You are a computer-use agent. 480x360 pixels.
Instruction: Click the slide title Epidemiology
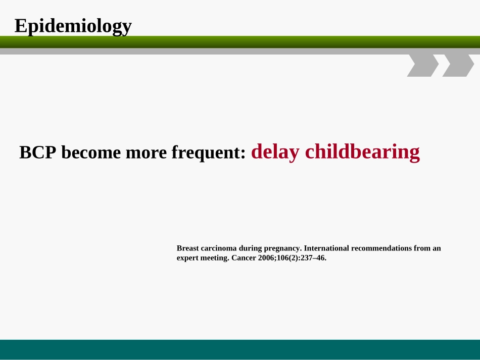point(73,26)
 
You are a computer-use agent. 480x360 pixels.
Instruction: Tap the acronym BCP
point(38,152)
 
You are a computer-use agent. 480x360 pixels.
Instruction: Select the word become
point(91,152)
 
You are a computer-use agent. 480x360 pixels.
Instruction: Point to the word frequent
point(209,153)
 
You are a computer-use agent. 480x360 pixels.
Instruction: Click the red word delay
point(275,152)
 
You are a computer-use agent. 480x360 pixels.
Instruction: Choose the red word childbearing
point(362,152)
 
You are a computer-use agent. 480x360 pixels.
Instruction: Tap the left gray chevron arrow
point(423,66)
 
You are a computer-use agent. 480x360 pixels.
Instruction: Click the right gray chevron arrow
point(458,66)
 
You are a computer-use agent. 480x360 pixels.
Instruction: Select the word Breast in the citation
point(187,248)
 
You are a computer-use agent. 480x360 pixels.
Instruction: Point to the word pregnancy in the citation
point(283,248)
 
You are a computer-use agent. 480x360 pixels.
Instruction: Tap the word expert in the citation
point(187,258)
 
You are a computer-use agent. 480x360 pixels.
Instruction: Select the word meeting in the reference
point(215,258)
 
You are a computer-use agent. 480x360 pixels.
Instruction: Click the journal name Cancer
point(244,258)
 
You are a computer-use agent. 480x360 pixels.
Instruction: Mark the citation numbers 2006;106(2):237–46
point(293,258)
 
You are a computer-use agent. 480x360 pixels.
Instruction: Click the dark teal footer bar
point(240,349)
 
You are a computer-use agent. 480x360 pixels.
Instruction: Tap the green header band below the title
point(240,42)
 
